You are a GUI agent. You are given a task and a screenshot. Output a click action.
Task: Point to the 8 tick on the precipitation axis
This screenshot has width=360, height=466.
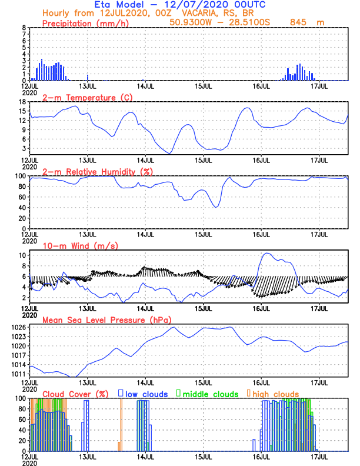[x=24, y=28]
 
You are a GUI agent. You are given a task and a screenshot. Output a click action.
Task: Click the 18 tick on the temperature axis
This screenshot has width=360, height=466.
[x=22, y=102]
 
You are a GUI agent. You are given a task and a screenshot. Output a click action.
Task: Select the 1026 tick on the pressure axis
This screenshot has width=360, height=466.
[x=19, y=327]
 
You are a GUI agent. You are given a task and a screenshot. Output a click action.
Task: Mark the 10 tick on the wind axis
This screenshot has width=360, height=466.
[x=22, y=255]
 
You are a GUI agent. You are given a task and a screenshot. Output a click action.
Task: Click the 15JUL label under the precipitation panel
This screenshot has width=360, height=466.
[x=204, y=86]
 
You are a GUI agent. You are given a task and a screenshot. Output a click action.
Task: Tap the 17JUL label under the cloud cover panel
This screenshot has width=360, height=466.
[x=319, y=457]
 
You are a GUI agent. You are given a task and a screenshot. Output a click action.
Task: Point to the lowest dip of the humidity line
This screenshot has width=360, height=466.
[x=216, y=207]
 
